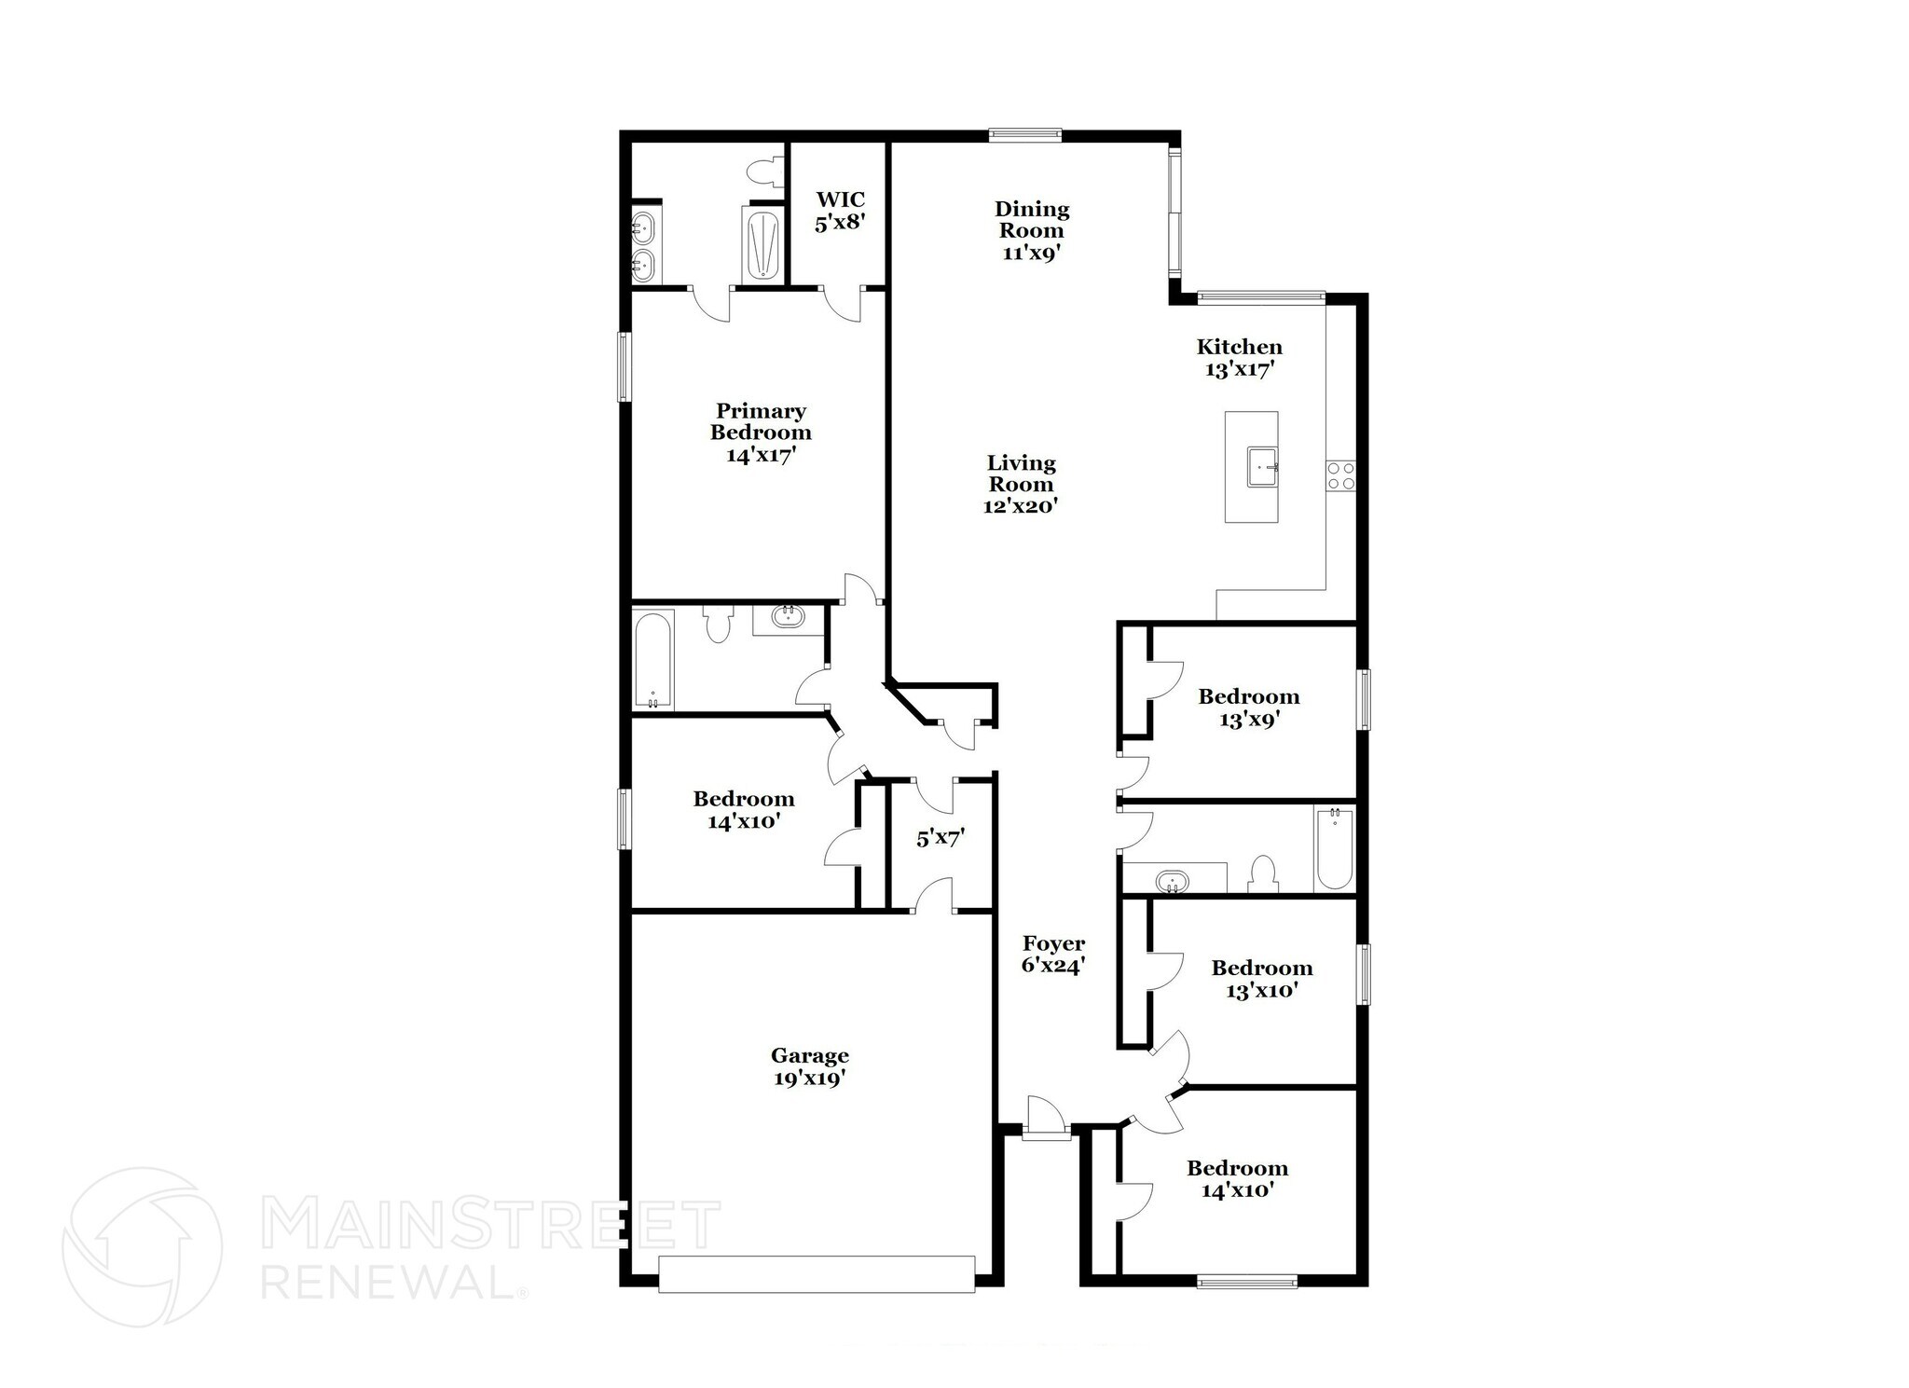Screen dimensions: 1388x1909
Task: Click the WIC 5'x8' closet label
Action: (x=840, y=212)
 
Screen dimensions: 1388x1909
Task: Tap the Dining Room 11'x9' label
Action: (x=1031, y=230)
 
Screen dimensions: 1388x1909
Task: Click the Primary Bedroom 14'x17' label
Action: (x=761, y=433)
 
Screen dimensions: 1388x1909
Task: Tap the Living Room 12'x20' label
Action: (x=1021, y=485)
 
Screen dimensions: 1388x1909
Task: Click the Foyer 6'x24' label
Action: (x=1053, y=955)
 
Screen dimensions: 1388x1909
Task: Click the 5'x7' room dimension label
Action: (x=940, y=839)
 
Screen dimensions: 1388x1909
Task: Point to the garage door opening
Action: (x=817, y=1273)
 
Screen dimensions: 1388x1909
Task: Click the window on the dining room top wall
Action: (x=1024, y=135)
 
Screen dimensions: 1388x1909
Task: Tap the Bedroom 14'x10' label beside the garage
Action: (x=743, y=810)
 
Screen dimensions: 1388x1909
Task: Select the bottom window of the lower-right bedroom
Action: (x=1246, y=1282)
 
